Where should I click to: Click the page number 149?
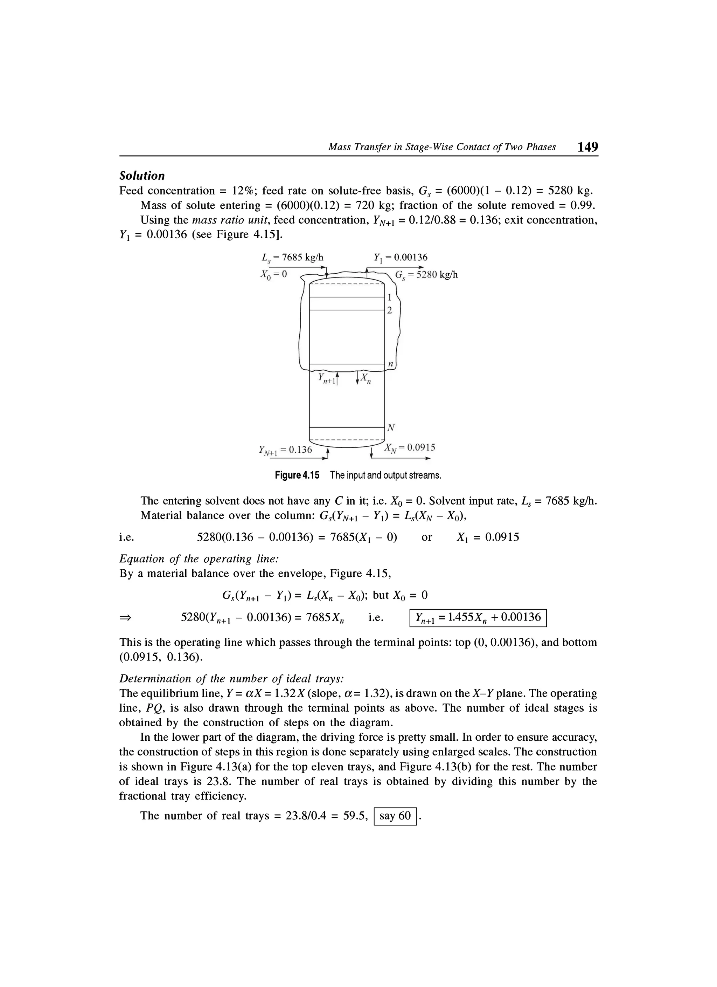point(588,147)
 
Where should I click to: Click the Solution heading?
point(142,176)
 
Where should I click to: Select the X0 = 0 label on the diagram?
point(273,275)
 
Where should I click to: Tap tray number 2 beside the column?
point(390,311)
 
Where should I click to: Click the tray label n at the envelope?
point(390,363)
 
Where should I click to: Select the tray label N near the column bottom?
point(391,428)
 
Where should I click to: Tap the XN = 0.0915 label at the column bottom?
point(410,447)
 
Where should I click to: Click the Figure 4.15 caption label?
point(297,475)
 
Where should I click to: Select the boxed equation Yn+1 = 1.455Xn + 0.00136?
point(478,617)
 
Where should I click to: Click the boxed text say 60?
point(395,816)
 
